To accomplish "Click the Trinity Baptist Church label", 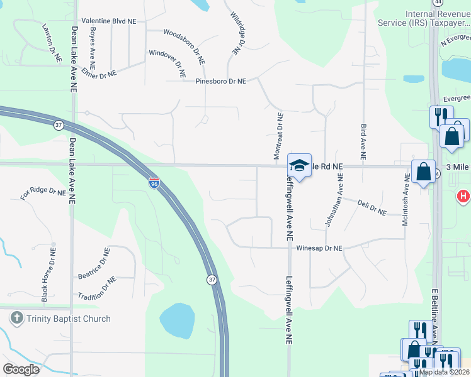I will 68,319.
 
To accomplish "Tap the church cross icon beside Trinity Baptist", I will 17,319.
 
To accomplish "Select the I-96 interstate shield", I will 154,183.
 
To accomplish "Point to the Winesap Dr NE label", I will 319,249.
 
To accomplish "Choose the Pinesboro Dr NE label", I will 220,81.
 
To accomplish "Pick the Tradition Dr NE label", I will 97,287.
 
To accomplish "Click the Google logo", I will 21,369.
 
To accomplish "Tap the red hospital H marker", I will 463,197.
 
